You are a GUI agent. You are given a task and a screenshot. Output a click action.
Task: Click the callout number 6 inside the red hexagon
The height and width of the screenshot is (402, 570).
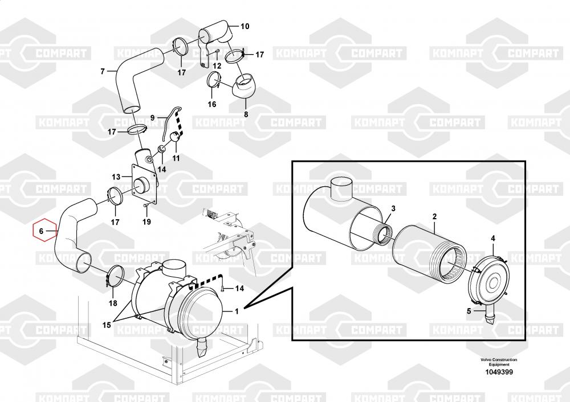pyautogui.click(x=41, y=231)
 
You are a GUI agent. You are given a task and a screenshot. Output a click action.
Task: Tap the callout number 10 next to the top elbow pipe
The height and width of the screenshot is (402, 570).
pyautogui.click(x=245, y=26)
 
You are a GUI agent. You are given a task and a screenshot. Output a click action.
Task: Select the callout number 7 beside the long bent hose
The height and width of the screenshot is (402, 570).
pyautogui.click(x=103, y=72)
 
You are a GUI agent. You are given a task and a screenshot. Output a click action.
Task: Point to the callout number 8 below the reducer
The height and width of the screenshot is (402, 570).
pyautogui.click(x=246, y=114)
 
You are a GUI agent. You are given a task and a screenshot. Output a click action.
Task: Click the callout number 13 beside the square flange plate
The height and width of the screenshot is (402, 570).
pyautogui.click(x=116, y=177)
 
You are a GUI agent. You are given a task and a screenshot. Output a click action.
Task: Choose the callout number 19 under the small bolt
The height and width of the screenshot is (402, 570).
pyautogui.click(x=146, y=221)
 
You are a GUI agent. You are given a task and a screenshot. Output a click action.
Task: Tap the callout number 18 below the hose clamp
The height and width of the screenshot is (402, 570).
pyautogui.click(x=113, y=303)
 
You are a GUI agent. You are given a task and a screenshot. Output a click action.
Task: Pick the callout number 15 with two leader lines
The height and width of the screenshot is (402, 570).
pyautogui.click(x=107, y=325)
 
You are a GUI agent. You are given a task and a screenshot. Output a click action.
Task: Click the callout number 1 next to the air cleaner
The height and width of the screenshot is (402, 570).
pyautogui.click(x=237, y=311)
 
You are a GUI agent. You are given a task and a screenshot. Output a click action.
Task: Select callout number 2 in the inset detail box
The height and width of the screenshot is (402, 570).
pyautogui.click(x=434, y=216)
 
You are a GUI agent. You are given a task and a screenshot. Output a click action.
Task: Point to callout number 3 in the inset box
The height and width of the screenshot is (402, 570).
pyautogui.click(x=393, y=208)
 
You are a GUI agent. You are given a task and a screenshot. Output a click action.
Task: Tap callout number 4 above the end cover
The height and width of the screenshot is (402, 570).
pyautogui.click(x=493, y=239)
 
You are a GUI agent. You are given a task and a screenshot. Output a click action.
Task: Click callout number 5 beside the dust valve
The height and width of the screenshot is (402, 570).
pyautogui.click(x=469, y=311)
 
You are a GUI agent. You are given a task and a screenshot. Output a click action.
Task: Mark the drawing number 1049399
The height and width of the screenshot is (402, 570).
pyautogui.click(x=499, y=372)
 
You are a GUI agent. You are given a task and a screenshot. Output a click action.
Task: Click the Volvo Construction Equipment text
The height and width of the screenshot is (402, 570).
pyautogui.click(x=499, y=362)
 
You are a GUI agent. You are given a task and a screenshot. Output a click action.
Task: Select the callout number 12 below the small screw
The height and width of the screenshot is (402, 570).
pyautogui.click(x=217, y=66)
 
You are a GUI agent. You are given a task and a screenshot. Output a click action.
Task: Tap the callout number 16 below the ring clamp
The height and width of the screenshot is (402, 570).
pyautogui.click(x=212, y=104)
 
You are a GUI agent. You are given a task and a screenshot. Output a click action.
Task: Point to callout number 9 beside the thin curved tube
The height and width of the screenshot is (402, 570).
pyautogui.click(x=152, y=118)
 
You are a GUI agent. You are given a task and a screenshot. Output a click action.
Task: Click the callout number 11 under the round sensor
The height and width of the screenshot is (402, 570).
pyautogui.click(x=176, y=158)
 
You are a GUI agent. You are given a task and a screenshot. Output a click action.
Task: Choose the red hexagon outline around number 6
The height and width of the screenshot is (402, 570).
pyautogui.click(x=32, y=231)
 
